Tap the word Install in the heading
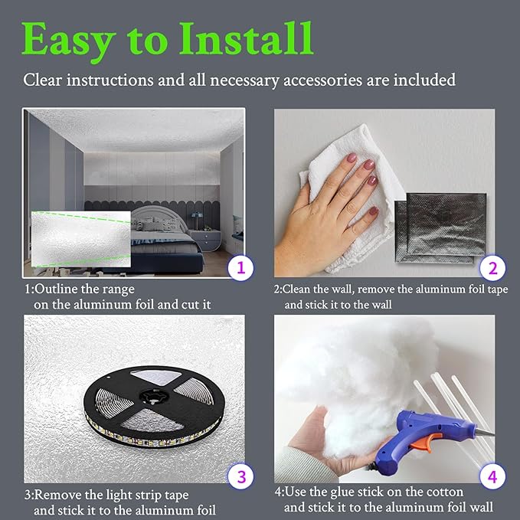click(246, 39)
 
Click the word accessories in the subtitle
click(322, 80)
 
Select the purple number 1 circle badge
click(240, 267)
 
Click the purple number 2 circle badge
click(492, 268)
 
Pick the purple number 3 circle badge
click(240, 476)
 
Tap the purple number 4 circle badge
click(492, 476)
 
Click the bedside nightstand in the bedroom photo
click(205, 240)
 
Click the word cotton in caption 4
click(445, 492)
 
